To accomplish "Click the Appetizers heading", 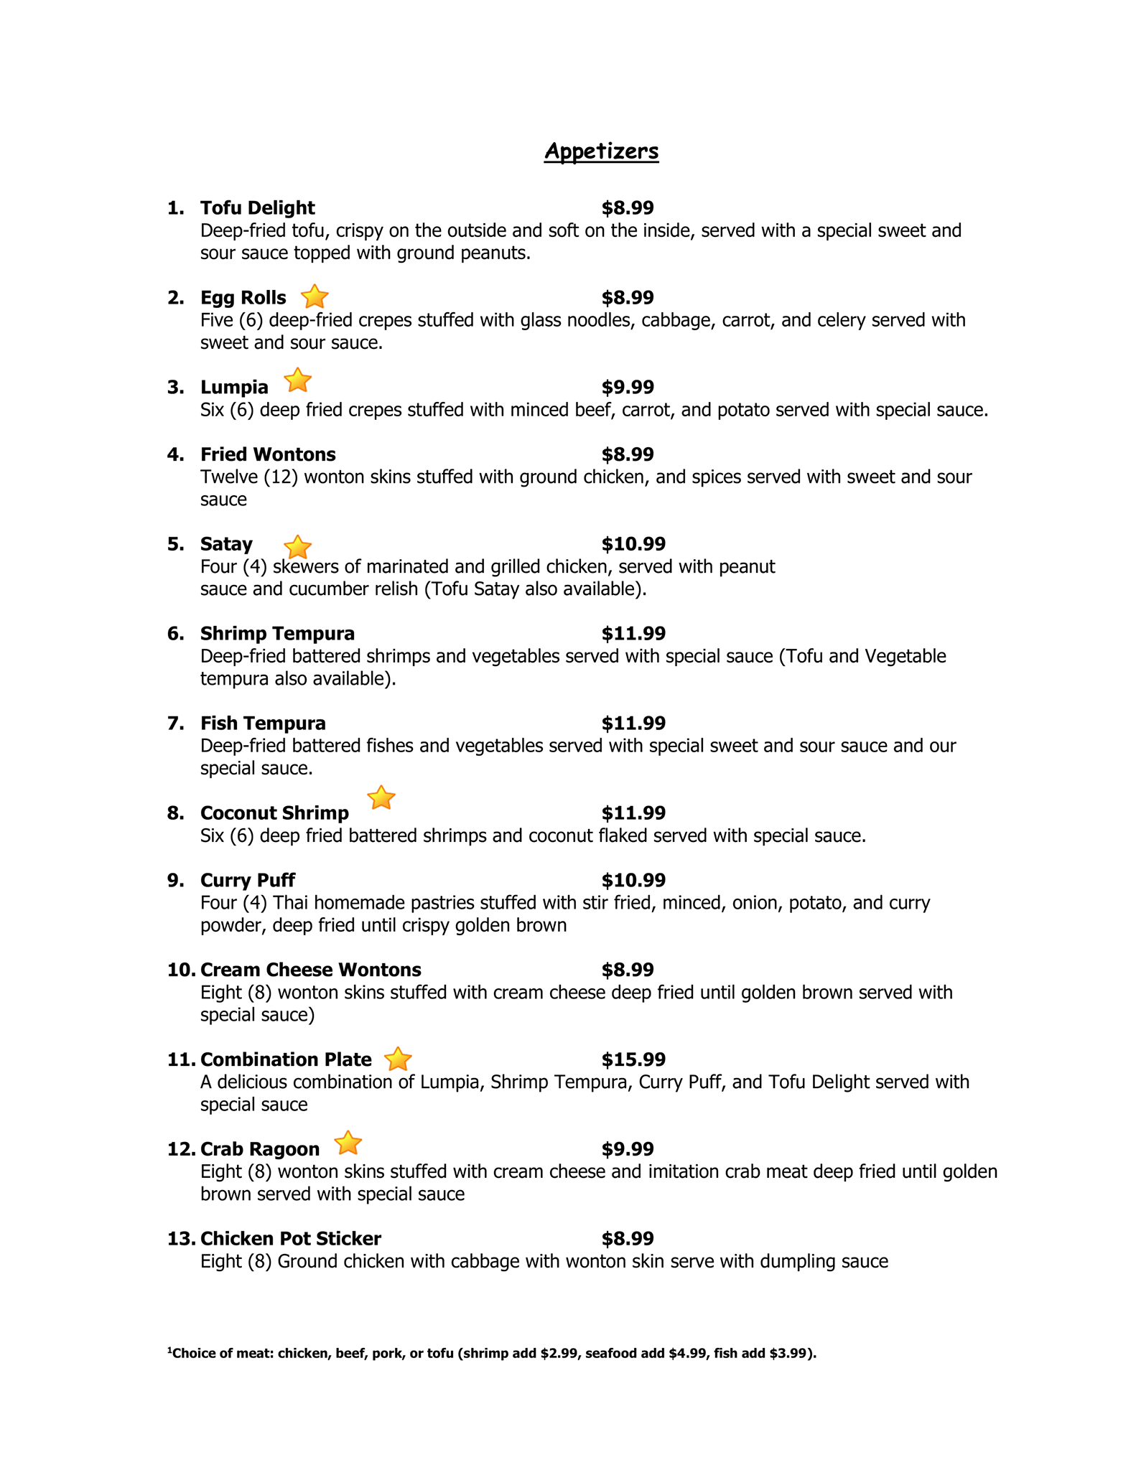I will coord(601,151).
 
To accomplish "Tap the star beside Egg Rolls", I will coord(315,296).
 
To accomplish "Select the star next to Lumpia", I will coord(297,380).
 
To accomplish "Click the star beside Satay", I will coord(297,548).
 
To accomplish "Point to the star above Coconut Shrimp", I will coord(381,797).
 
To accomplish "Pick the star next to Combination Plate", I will coord(398,1059).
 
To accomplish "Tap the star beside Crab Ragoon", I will coord(348,1143).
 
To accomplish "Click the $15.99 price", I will coord(633,1059).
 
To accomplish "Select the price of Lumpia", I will coord(628,388).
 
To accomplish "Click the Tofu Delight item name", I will coord(257,208).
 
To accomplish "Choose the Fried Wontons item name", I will coord(268,454).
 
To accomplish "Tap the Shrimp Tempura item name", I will coord(277,634).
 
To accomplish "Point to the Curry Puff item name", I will coord(248,880).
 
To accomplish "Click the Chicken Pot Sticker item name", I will coord(291,1238).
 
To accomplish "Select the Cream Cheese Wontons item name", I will coord(311,970).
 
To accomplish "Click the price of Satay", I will coord(633,544).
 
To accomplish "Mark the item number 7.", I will coord(175,724).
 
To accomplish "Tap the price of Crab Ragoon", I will coord(628,1149).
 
